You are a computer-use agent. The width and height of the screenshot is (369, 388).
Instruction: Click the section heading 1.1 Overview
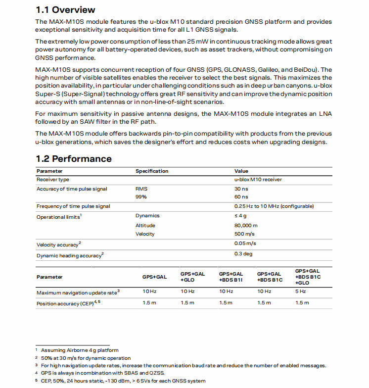tap(65, 10)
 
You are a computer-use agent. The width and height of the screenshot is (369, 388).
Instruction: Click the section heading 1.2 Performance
tap(74, 159)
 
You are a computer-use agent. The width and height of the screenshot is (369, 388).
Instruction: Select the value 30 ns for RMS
tap(241, 189)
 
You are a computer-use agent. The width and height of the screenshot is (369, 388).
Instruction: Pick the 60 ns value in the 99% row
tap(241, 197)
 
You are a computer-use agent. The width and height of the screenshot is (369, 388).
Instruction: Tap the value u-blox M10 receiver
tap(258, 180)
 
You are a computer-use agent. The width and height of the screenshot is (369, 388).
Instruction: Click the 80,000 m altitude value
tap(246, 225)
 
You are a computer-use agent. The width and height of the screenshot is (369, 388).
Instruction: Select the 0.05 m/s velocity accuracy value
tap(245, 243)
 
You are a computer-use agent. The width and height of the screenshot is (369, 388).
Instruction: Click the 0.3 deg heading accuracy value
tap(243, 254)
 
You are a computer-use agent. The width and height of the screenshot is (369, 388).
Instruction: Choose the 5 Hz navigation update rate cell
tap(301, 291)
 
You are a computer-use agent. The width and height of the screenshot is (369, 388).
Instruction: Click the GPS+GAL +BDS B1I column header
tap(231, 277)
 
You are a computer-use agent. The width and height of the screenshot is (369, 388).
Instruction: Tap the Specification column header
tap(152, 171)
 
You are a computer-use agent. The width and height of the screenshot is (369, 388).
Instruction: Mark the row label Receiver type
tap(53, 180)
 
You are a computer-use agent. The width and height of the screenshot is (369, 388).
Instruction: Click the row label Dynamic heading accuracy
tap(69, 256)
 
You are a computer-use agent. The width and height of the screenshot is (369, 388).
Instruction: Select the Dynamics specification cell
tap(147, 216)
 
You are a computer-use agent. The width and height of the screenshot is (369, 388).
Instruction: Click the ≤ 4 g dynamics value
tap(241, 216)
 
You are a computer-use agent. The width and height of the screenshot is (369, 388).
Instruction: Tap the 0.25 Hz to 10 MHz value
tap(274, 206)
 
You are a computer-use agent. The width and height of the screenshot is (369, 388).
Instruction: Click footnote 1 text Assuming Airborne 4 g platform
tap(80, 350)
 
